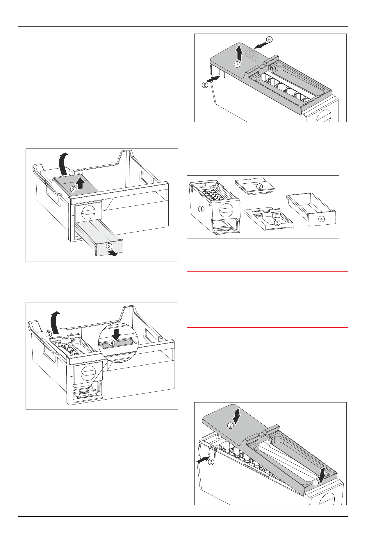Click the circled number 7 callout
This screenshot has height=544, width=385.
pos(237,65)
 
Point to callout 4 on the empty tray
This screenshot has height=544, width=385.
pos(321,219)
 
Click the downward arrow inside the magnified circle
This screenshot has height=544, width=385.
pos(117,334)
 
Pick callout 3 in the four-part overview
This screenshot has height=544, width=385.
pos(277,223)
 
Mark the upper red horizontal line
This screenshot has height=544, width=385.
pos(267,272)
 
